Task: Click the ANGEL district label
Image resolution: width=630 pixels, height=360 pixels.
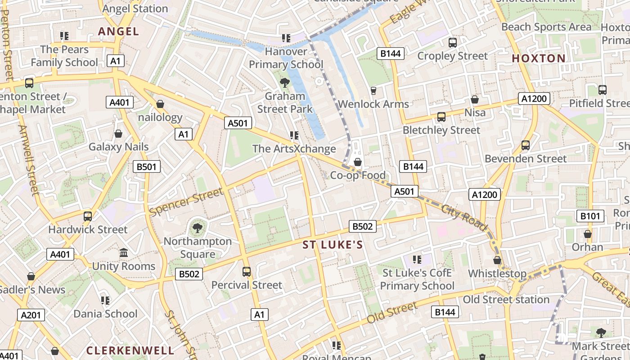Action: (118, 31)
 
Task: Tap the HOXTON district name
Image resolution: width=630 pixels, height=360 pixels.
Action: (539, 58)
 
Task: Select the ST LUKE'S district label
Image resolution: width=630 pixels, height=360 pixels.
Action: (333, 245)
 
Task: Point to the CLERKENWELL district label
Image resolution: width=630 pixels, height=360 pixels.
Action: (130, 350)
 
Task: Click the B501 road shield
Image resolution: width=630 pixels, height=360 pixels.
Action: (147, 167)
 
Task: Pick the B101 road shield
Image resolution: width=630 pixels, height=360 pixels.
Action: (590, 216)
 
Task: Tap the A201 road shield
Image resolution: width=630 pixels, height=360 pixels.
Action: (31, 315)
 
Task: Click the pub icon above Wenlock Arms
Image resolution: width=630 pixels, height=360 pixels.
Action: (373, 91)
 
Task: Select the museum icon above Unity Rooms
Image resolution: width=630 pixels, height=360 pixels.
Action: (124, 253)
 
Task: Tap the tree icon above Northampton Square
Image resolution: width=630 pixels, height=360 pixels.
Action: (197, 228)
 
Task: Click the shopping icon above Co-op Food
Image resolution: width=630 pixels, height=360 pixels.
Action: (358, 162)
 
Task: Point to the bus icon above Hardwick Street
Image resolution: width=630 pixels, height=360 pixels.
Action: (88, 216)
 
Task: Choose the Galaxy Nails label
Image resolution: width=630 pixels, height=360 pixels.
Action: (118, 147)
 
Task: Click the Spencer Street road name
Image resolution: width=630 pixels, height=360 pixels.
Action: (186, 202)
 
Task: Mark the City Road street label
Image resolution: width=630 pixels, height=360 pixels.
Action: (463, 217)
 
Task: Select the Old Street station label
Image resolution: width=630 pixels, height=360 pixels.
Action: (506, 299)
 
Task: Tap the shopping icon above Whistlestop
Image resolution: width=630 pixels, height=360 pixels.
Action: (497, 260)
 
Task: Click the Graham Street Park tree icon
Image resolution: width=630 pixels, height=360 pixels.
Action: (284, 82)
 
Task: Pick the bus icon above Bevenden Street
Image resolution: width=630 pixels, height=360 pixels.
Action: (525, 145)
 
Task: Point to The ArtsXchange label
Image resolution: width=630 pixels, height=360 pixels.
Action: (294, 148)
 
